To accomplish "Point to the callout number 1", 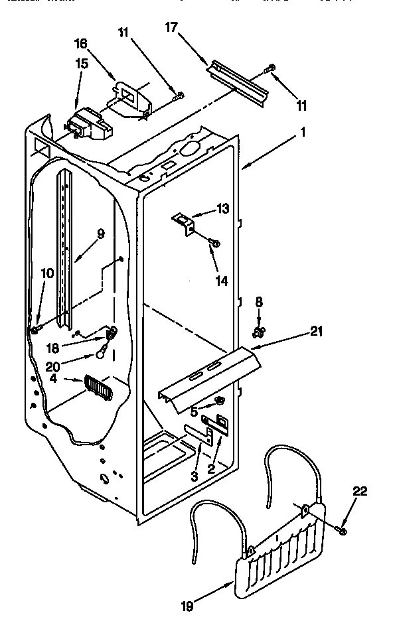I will click(x=303, y=133).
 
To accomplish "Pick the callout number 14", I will click(x=222, y=281).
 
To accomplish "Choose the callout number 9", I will click(x=100, y=234).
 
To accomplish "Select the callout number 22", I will click(x=359, y=491).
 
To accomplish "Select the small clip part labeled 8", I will click(x=259, y=327).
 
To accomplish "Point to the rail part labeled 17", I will click(x=239, y=80).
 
